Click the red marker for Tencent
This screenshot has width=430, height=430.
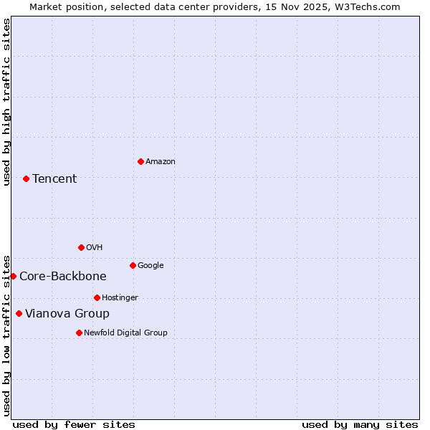pos(26,178)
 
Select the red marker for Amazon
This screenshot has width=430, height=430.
pos(140,161)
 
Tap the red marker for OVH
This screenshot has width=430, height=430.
pos(81,247)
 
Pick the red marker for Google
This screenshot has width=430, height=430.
pos(133,265)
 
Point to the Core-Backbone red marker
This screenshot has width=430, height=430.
pos(13,276)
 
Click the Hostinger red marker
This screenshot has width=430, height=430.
pos(97,297)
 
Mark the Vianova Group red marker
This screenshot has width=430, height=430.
pos(19,313)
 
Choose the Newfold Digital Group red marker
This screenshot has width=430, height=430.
pos(79,333)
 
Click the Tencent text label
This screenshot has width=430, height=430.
pos(54,178)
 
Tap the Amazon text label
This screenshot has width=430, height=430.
pos(161,161)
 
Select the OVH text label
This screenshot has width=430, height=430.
pos(94,247)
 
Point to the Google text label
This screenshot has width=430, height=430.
pos(150,265)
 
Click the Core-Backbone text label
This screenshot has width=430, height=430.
pos(63,276)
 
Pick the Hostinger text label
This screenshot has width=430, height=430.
pos(120,297)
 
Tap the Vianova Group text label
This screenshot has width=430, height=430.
pos(67,313)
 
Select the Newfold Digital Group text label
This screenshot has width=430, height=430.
pos(125,333)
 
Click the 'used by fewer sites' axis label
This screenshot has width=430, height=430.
pos(74,424)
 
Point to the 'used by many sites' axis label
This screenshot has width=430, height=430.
pos(360,424)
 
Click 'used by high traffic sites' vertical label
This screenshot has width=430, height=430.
pos(6,102)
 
